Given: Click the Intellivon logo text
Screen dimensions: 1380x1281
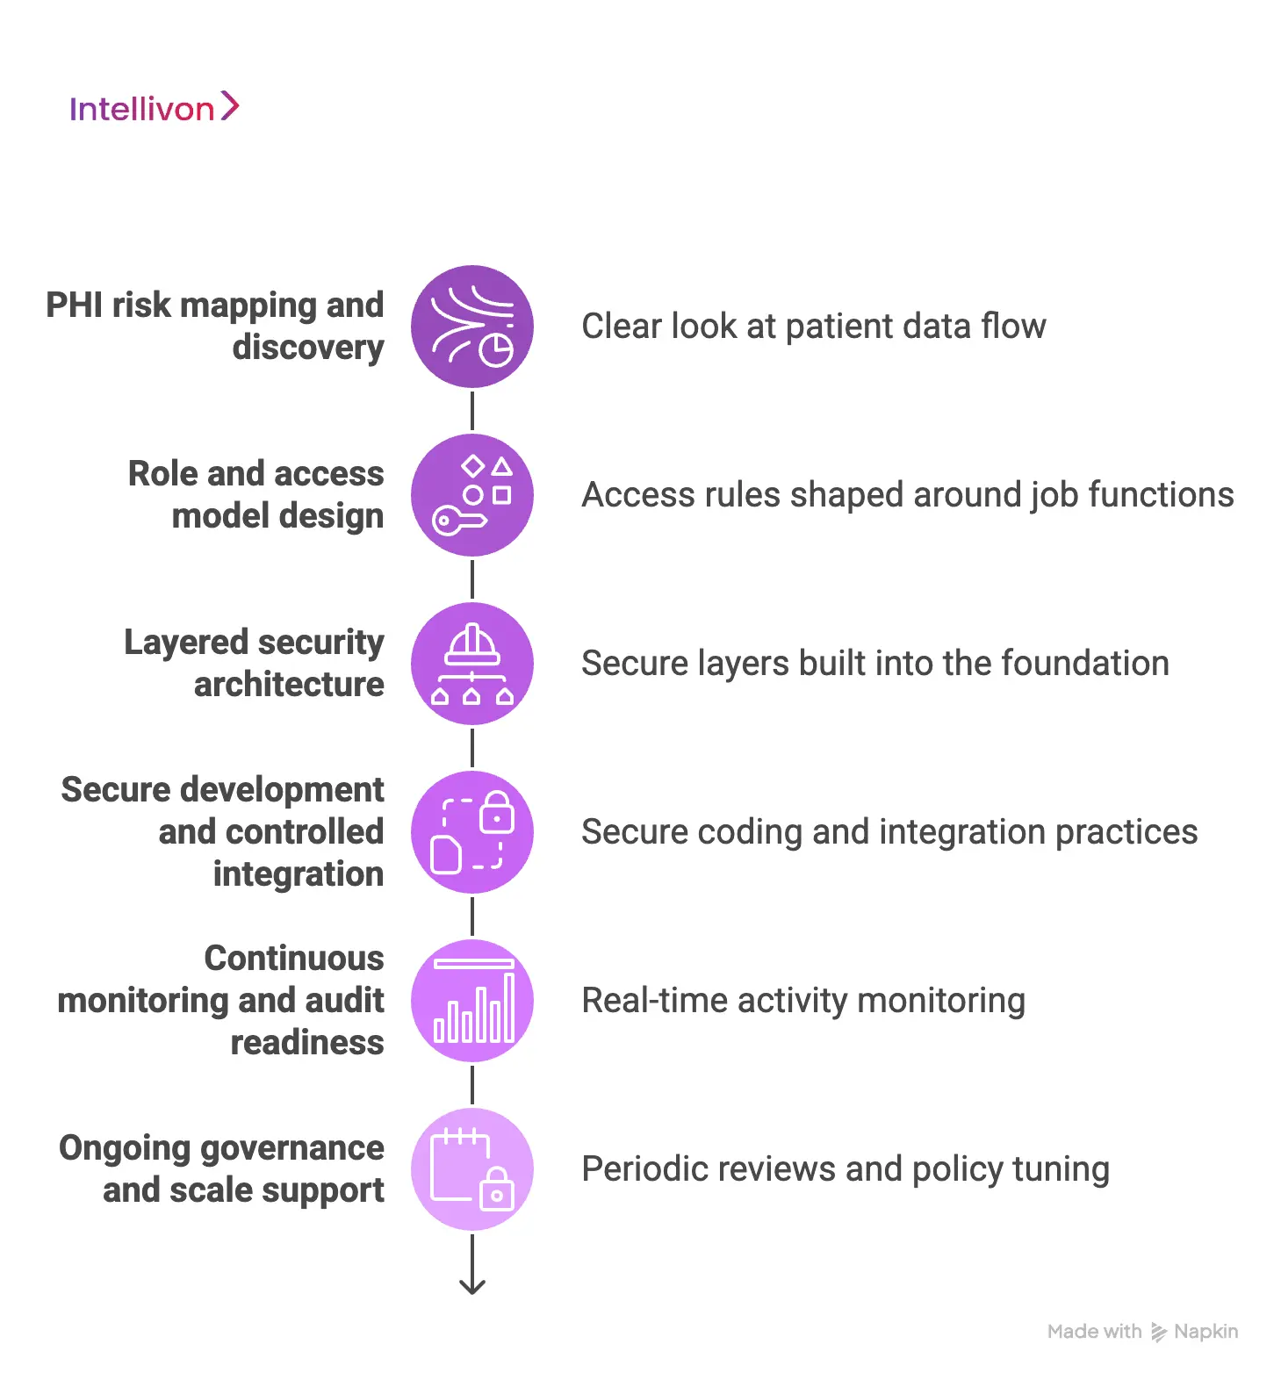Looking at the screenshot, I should pyautogui.click(x=141, y=109).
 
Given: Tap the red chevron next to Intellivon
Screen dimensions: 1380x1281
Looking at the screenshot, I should pyautogui.click(x=229, y=105).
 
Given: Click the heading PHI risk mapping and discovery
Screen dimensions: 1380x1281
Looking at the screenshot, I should pyautogui.click(x=215, y=326).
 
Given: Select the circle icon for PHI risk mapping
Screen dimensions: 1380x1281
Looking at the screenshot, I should pyautogui.click(x=472, y=327).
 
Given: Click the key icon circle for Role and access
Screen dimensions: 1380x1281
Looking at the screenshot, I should pyautogui.click(x=472, y=495).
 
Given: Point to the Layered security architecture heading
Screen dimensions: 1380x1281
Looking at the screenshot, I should pyautogui.click(x=254, y=663).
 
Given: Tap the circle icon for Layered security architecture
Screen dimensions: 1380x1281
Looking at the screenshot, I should pyautogui.click(x=472, y=664).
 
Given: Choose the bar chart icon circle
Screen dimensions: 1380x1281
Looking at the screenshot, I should pyautogui.click(x=472, y=1001).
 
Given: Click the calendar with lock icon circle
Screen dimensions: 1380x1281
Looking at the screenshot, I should pyautogui.click(x=472, y=1169).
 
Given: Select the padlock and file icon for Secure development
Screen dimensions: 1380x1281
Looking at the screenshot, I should pyautogui.click(x=472, y=832).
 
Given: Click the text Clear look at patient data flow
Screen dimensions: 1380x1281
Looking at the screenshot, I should pyautogui.click(x=813, y=327).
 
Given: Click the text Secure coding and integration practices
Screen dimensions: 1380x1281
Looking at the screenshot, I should pyautogui.click(x=889, y=832).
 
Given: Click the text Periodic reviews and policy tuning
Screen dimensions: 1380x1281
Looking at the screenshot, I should pyautogui.click(x=845, y=1169).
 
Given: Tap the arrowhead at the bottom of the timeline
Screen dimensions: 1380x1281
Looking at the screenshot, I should pyautogui.click(x=472, y=1286).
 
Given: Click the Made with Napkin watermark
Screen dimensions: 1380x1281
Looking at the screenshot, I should pyautogui.click(x=1142, y=1332).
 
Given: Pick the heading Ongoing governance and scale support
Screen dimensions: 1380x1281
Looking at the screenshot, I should pyautogui.click(x=221, y=1168).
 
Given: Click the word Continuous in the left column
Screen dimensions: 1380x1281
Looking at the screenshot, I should pyautogui.click(x=294, y=959).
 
